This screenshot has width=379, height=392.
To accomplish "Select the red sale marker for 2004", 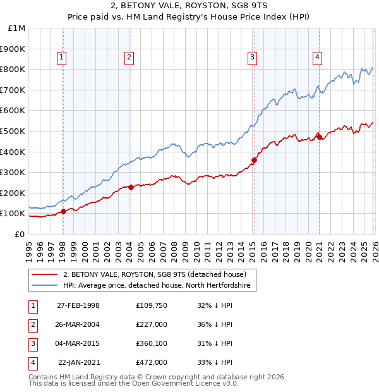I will pyautogui.click(x=131, y=187).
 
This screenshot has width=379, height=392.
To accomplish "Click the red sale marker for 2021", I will pyautogui.click(x=319, y=137).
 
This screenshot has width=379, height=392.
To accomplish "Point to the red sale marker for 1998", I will pyautogui.click(x=64, y=211).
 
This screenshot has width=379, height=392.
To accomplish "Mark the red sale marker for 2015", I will pyautogui.click(x=254, y=160).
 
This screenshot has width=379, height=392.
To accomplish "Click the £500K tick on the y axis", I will pyautogui.click(x=13, y=131).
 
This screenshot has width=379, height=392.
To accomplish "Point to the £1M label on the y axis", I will pyautogui.click(x=16, y=28).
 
